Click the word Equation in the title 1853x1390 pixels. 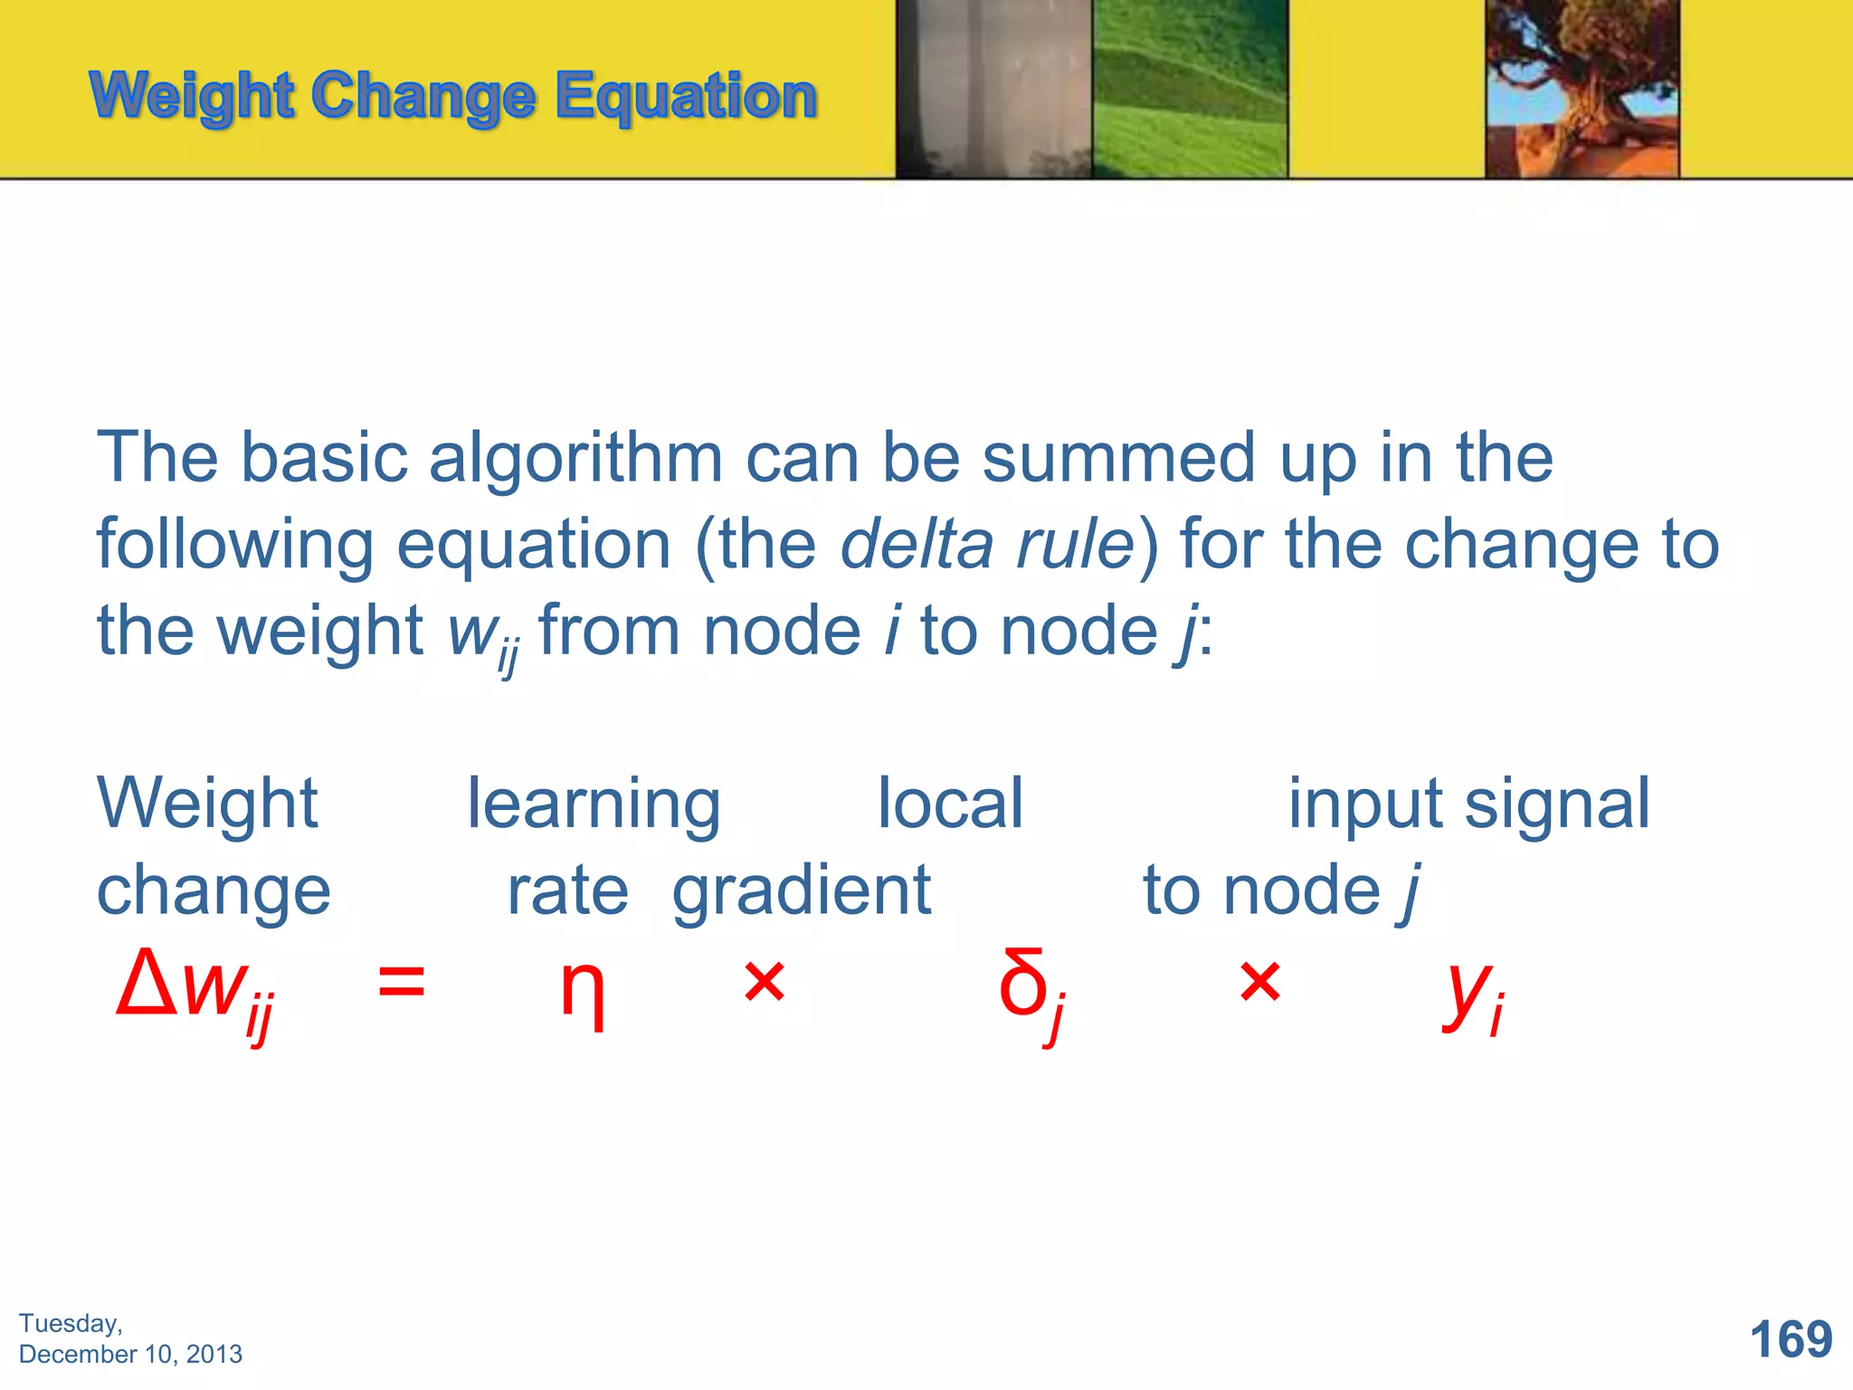686,97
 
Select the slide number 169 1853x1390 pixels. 1791,1339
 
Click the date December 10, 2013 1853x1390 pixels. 130,1354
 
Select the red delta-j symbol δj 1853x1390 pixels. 1031,991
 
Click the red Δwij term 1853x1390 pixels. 195,991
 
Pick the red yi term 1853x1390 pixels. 1473,993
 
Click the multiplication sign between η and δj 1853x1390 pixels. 764,982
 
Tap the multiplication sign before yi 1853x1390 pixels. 1259,982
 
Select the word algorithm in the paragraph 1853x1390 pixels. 575,457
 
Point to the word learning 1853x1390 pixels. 594,804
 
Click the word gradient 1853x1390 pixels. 802,891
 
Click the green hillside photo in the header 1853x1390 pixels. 1189,89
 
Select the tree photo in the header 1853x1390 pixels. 1582,89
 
